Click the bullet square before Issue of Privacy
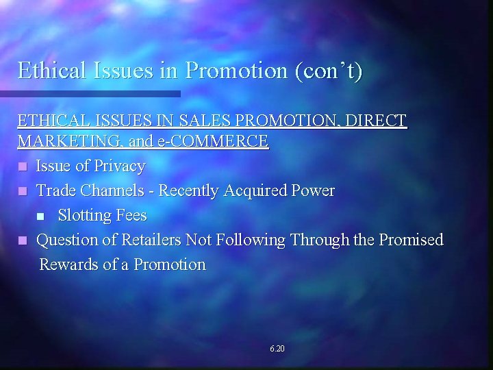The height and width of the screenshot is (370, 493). pos(23,167)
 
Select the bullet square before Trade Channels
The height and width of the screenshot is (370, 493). pos(23,191)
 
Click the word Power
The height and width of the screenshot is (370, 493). pos(314,190)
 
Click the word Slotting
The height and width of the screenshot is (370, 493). pos(85,215)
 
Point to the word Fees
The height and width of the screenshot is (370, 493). pos(131,215)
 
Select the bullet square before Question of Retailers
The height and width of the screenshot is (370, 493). pos(23,241)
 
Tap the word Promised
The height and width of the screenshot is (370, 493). pos(410,240)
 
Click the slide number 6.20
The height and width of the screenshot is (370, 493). pos(277,349)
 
